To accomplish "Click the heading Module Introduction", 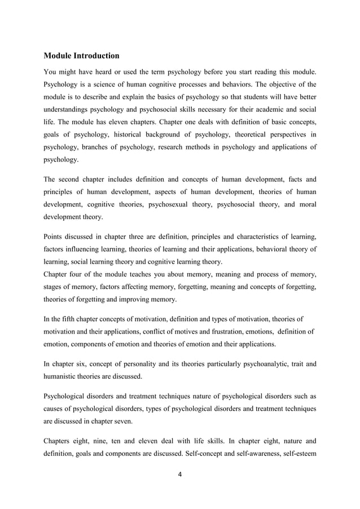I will (x=81, y=56).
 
